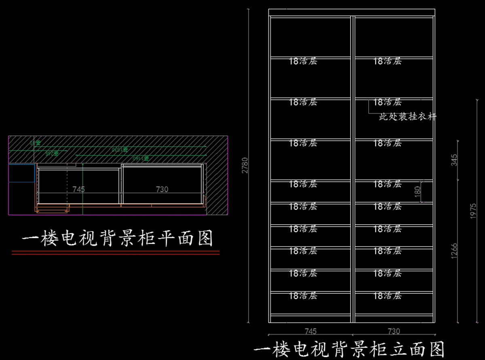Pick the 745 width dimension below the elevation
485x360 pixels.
tap(310, 331)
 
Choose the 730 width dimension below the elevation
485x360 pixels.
tap(394, 331)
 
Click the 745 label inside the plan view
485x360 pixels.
tap(78, 189)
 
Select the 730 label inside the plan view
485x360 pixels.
tap(162, 189)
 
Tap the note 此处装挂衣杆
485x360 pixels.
tap(408, 117)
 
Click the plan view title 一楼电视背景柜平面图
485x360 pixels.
tap(117, 239)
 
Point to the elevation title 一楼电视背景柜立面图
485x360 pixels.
tap(350, 349)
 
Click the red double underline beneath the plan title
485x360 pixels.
tap(116, 253)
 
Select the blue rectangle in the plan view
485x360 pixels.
tap(21, 173)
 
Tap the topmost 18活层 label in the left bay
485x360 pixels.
tap(303, 61)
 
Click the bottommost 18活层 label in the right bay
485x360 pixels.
tap(387, 296)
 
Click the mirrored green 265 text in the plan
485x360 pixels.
tap(52, 153)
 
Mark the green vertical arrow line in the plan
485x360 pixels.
tap(82, 188)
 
